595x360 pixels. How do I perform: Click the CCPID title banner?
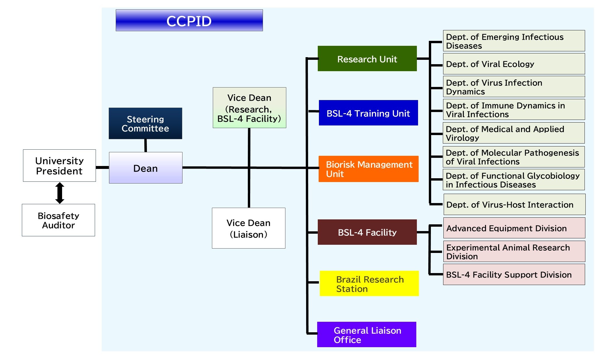[189, 20]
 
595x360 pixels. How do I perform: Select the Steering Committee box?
[145, 123]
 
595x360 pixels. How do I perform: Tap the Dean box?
[146, 168]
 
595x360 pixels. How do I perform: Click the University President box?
[59, 166]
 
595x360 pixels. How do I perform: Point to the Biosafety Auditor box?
[59, 220]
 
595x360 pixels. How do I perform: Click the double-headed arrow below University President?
[60, 193]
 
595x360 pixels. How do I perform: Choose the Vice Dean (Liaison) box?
[249, 228]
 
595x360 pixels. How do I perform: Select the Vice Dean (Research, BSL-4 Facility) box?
[250, 108]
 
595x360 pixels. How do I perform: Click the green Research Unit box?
[367, 59]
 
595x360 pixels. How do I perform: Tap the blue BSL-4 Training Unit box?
[368, 113]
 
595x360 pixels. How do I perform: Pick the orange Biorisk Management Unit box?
[368, 169]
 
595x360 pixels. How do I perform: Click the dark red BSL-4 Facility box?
[367, 232]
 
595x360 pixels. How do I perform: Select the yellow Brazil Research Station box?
[369, 284]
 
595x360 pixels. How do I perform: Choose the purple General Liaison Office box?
[367, 335]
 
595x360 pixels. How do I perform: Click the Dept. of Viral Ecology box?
[514, 64]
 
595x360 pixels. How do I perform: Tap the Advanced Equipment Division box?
[514, 228]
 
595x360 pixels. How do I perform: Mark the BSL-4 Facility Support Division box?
[514, 275]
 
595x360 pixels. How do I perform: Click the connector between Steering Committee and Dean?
[145, 146]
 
